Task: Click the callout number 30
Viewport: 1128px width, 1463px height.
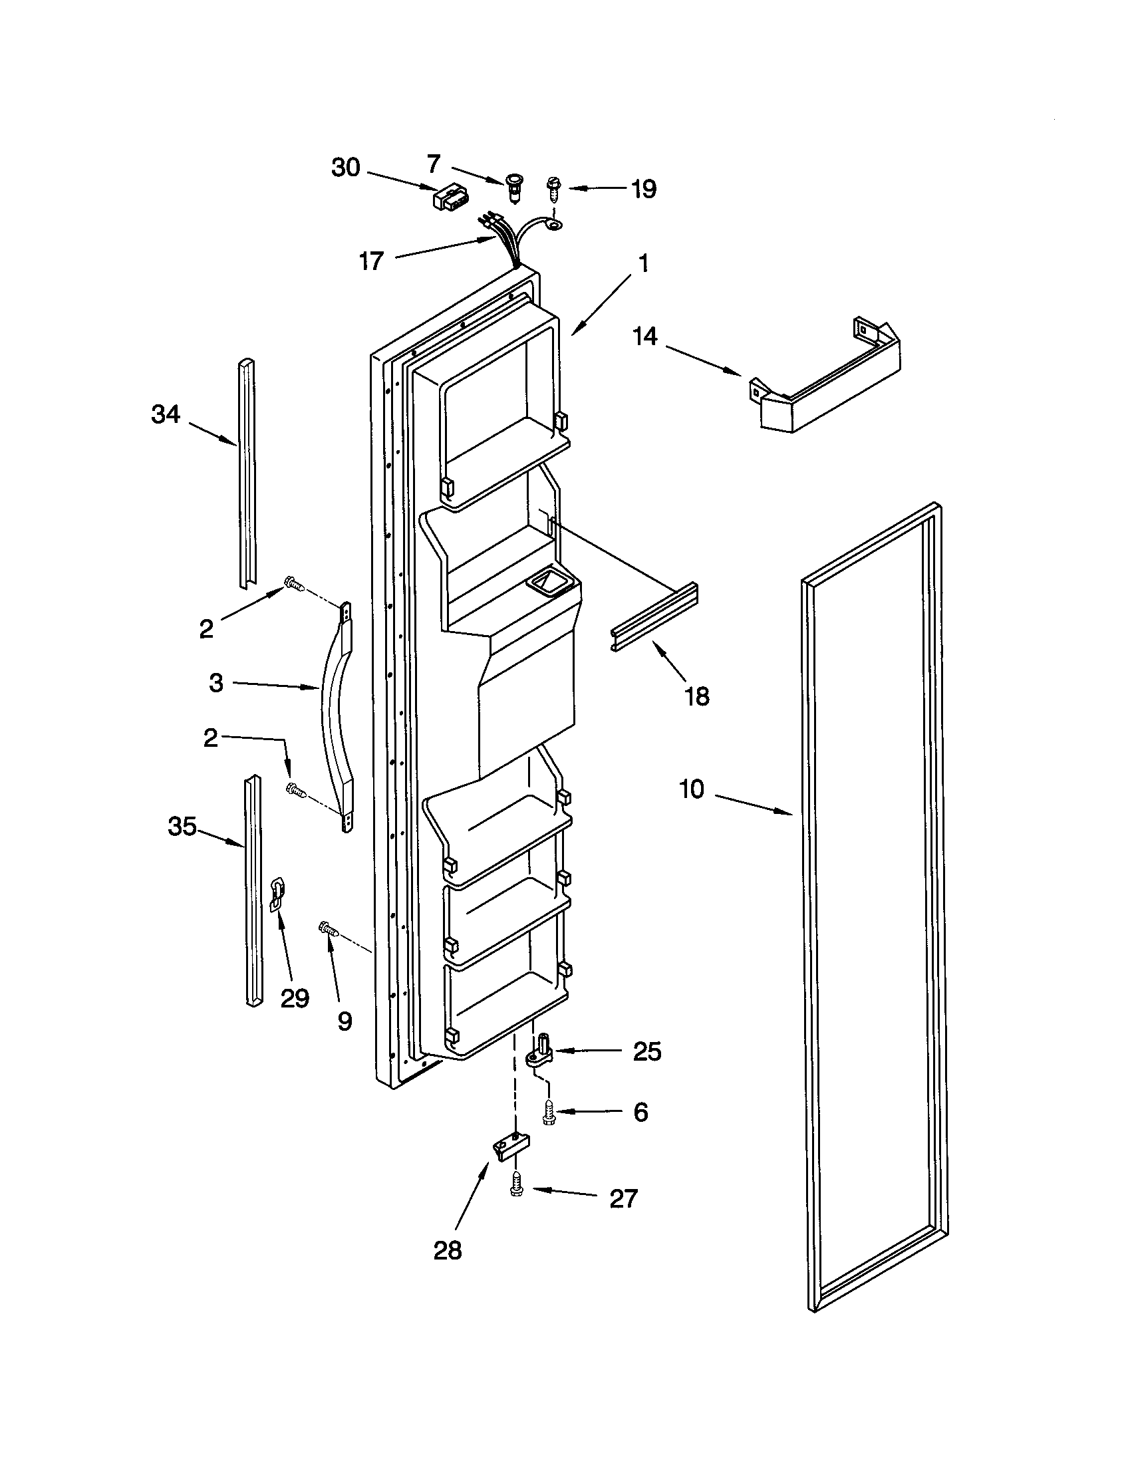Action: [346, 168]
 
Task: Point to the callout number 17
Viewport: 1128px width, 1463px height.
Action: [371, 261]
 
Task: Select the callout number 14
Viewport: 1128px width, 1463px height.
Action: [645, 336]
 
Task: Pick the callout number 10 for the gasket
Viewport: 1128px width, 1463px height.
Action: [692, 790]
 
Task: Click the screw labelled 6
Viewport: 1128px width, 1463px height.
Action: [549, 1113]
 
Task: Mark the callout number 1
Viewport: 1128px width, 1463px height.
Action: [644, 264]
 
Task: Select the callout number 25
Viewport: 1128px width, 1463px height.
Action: [646, 1052]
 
